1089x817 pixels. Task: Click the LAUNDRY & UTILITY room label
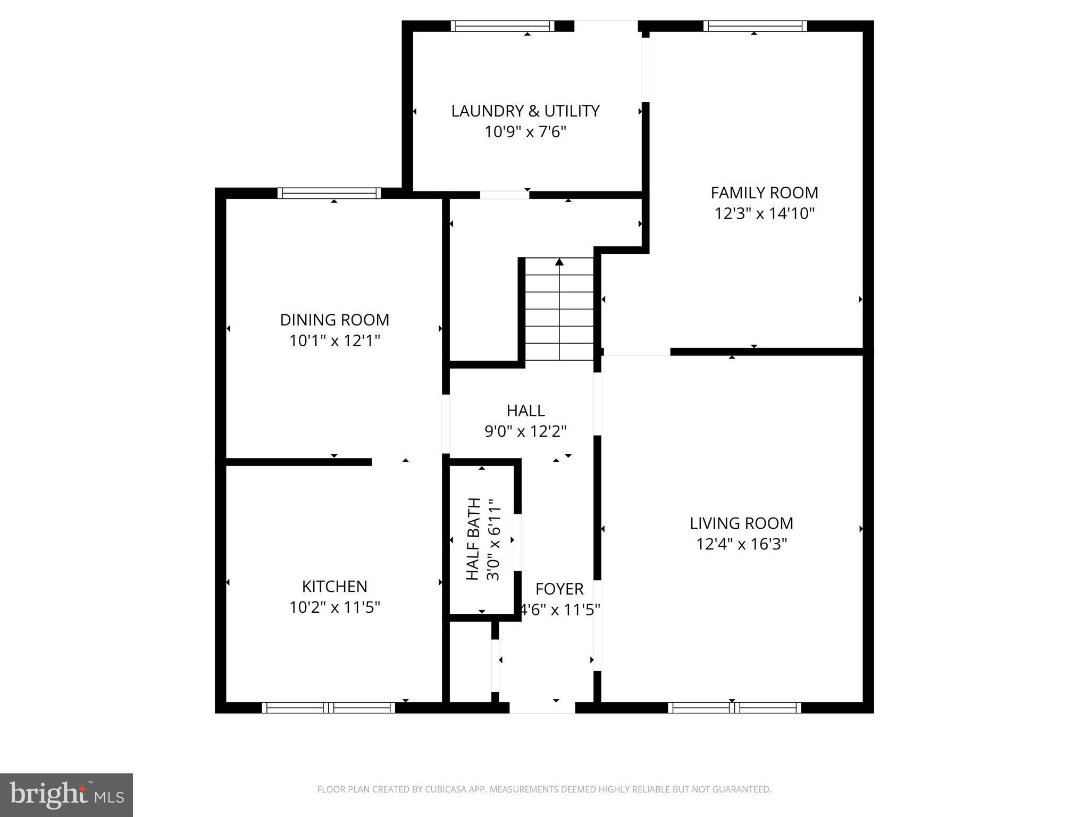(x=525, y=111)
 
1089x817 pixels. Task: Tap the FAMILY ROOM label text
(x=764, y=193)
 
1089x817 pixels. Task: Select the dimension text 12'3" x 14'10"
(x=764, y=214)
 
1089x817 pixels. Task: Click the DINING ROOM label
(x=334, y=320)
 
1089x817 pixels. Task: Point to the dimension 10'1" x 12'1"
(x=334, y=341)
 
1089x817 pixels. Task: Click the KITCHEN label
(x=334, y=586)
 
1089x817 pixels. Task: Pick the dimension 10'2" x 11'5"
(x=334, y=607)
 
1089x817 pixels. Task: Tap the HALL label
(x=525, y=411)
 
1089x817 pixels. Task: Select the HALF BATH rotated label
(x=473, y=539)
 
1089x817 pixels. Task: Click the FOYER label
(x=559, y=589)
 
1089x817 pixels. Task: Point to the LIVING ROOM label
(x=741, y=523)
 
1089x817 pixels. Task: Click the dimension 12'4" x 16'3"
(x=741, y=544)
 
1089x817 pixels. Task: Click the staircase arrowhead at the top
(x=559, y=262)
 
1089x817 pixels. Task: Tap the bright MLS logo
(x=66, y=795)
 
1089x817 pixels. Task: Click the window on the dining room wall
(x=329, y=193)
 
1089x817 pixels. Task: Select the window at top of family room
(x=755, y=26)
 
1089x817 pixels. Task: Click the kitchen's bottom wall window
(x=328, y=707)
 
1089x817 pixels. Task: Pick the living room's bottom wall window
(x=734, y=707)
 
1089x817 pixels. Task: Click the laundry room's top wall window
(x=502, y=26)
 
